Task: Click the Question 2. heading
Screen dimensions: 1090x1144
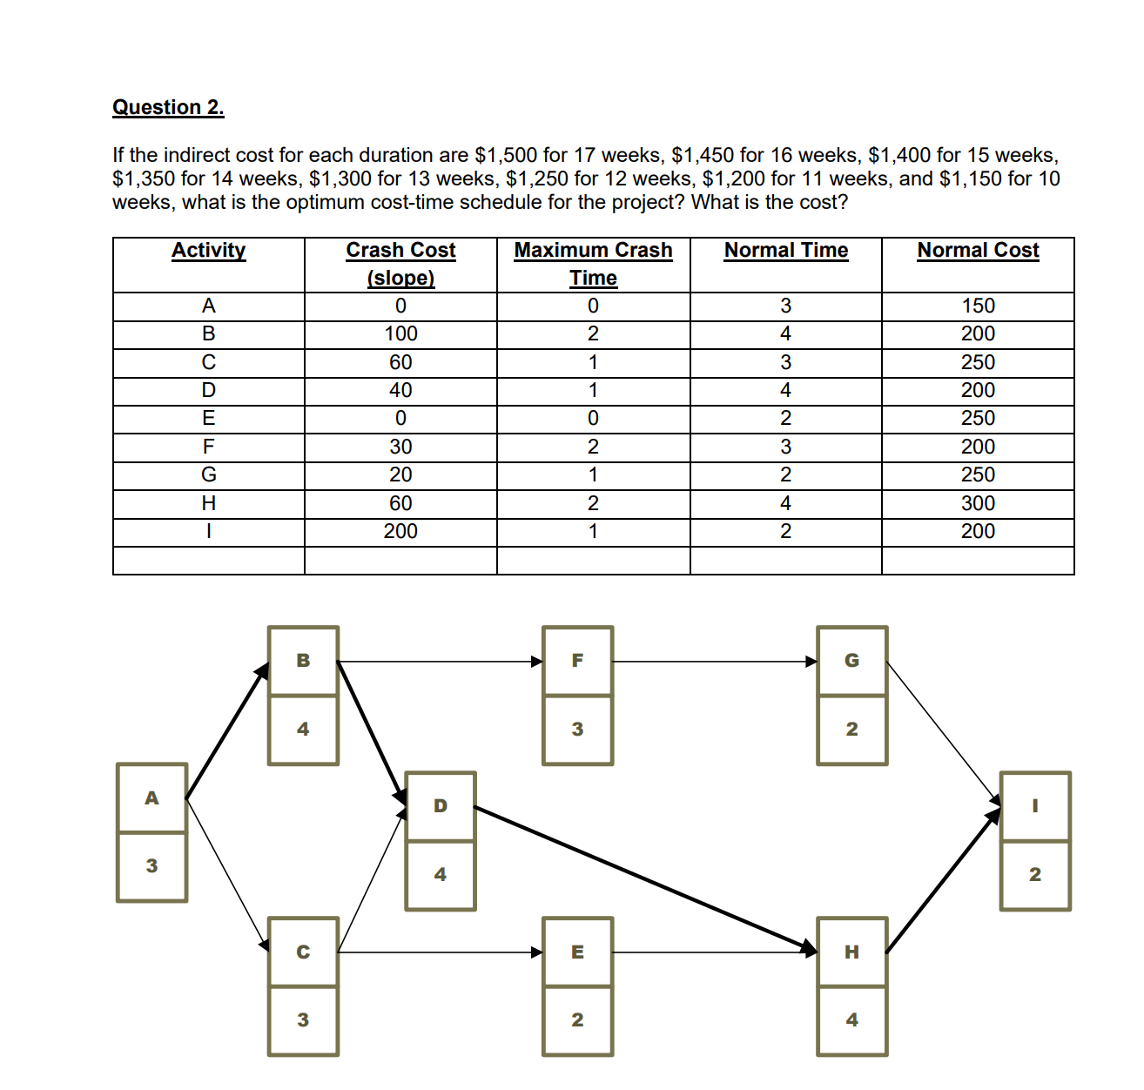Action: coord(168,107)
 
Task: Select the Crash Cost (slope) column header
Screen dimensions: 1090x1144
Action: coord(400,263)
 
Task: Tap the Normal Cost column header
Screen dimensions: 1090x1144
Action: coord(978,251)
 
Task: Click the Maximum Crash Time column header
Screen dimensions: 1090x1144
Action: coord(593,263)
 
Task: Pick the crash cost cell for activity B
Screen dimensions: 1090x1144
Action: coord(400,334)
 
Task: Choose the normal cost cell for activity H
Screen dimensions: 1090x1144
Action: coord(978,503)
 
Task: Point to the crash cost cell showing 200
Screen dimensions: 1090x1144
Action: coord(400,531)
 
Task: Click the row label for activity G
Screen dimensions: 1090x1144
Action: coord(209,474)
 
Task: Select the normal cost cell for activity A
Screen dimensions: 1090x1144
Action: coord(978,306)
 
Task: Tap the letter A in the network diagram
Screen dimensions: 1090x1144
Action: coord(151,797)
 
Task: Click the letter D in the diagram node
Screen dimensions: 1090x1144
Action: coord(441,805)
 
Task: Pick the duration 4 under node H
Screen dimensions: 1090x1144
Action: coord(852,1019)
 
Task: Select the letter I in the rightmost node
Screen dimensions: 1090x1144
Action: coord(1035,805)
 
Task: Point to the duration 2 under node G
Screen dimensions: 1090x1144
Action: coord(852,729)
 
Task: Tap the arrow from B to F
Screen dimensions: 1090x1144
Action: coord(440,661)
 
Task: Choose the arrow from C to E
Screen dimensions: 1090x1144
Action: coord(440,952)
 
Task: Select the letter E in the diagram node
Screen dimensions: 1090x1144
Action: coord(577,952)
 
